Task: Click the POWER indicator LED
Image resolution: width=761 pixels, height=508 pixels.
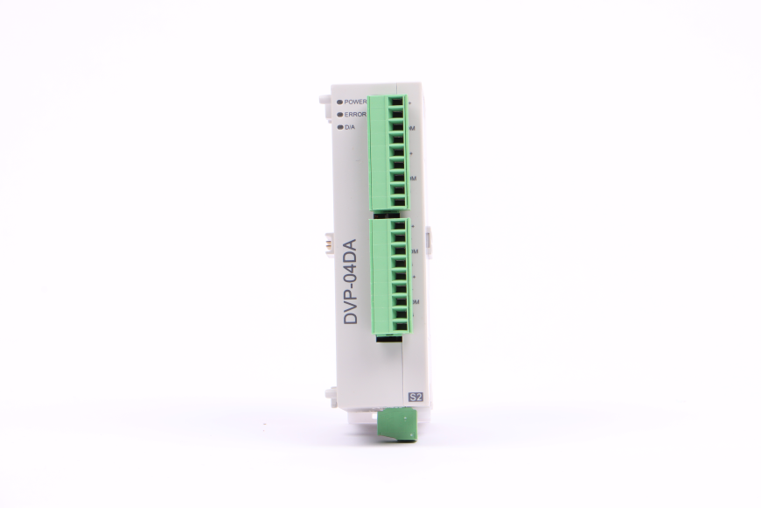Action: (339, 102)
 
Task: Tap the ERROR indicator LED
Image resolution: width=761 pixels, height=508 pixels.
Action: (339, 115)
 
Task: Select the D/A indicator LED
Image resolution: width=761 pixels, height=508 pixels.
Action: (339, 128)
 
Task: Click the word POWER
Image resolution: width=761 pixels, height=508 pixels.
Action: (356, 102)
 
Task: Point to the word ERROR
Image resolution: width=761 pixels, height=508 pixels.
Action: (356, 115)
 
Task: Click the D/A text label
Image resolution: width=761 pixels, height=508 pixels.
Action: (350, 128)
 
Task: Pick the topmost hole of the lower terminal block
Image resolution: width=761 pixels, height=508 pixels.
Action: (398, 226)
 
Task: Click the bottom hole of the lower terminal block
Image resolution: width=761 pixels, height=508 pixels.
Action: (398, 326)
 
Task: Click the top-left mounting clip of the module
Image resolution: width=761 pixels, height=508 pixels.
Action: (324, 97)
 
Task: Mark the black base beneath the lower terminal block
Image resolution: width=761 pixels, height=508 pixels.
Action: (388, 338)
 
